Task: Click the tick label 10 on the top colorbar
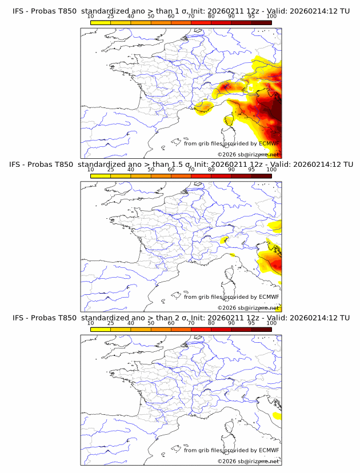tap(91, 16)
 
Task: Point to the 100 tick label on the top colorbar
tap(271, 16)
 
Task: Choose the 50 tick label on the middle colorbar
tap(151, 169)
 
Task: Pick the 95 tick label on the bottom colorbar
tap(251, 322)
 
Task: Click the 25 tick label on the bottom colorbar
tap(110, 322)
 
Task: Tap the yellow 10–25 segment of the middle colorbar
tap(101, 175)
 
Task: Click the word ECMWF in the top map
tap(269, 143)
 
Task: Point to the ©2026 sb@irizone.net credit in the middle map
tap(248, 308)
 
